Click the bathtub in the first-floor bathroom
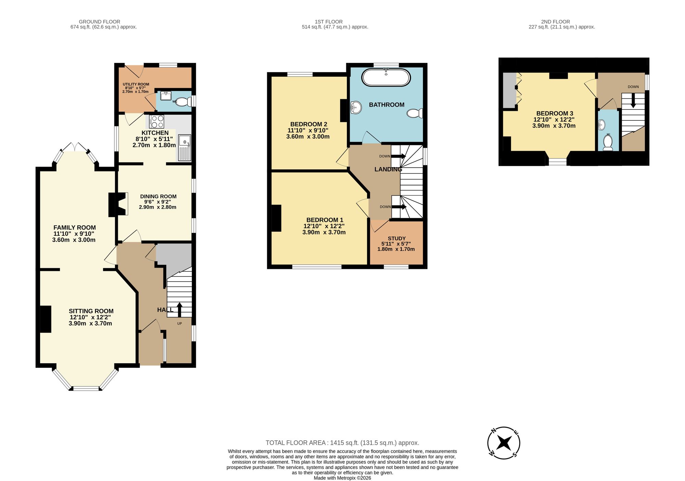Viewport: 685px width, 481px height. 386,78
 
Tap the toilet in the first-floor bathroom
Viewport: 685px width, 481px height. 415,113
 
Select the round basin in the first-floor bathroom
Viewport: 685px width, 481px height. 356,107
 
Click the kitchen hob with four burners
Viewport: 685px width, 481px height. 157,121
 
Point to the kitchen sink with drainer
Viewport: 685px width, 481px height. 184,147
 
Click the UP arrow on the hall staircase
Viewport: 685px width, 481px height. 179,310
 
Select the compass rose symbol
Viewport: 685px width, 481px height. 504,443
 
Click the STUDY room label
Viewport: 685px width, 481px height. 397,238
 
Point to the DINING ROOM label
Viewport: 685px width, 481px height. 158,196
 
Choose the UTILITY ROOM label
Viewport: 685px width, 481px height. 136,84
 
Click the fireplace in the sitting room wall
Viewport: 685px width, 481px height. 46,319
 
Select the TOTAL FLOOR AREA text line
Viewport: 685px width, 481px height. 342,443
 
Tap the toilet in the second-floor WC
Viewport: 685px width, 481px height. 608,143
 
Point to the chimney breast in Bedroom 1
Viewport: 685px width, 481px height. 276,218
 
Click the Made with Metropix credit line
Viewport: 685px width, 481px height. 342,478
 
